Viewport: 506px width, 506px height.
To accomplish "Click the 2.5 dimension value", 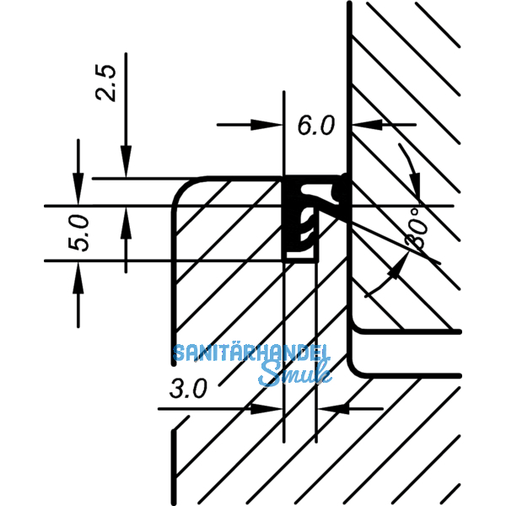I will coord(106,82).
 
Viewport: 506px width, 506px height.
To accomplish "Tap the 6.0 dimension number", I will coord(316,126).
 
